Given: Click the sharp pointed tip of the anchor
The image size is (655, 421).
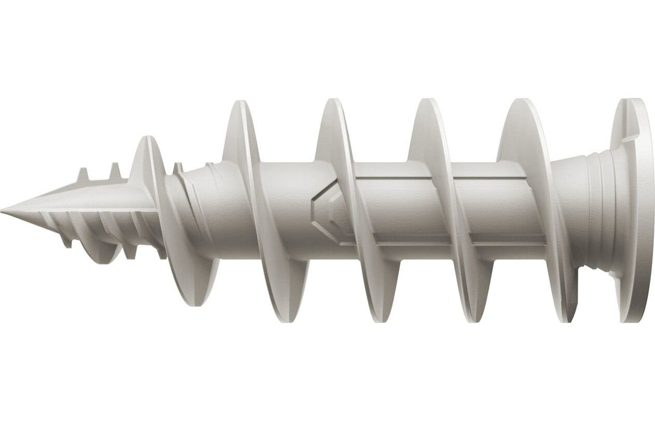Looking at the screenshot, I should point(4,210).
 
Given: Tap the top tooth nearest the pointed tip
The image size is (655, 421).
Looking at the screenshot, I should point(82,175).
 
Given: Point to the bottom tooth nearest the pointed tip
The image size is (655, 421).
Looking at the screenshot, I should point(66,241).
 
